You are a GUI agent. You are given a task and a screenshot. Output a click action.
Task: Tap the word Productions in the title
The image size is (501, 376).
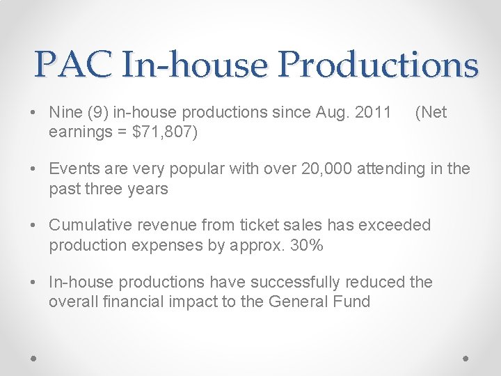(378, 65)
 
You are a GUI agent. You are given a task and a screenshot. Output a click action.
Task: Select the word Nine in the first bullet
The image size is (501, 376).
(66, 113)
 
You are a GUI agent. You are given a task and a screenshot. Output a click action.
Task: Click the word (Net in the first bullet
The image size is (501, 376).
(431, 113)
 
